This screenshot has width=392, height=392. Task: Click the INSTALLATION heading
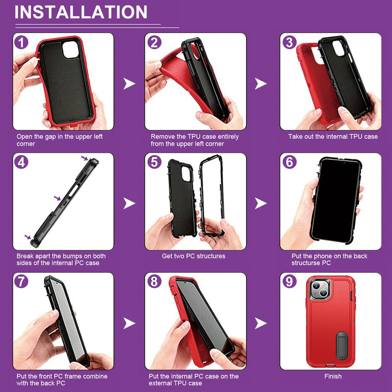tap(81, 12)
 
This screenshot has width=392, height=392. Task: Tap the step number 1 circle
tap(21, 42)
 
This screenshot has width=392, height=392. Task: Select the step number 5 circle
tap(155, 162)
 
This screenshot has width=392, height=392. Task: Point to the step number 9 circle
tap(290, 281)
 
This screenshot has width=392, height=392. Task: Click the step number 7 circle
tap(21, 281)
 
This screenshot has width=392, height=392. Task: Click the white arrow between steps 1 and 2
tap(129, 83)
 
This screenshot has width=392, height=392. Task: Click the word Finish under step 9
tap(333, 376)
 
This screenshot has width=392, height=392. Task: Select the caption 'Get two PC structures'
tap(193, 256)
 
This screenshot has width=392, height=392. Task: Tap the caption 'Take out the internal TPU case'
tap(333, 137)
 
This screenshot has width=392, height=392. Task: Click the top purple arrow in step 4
tap(85, 158)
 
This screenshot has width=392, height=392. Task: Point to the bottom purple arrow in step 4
tap(27, 236)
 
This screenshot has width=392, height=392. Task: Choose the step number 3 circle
tap(290, 42)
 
